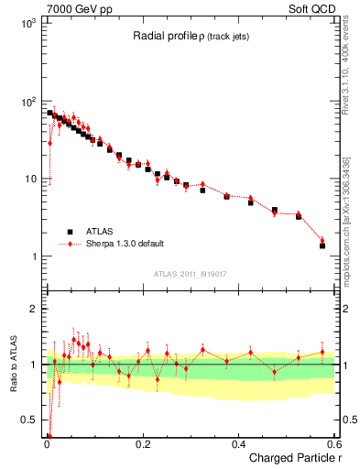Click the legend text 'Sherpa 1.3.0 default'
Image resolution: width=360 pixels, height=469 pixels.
(124, 244)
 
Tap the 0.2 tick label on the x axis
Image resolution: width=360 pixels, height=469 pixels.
(142, 444)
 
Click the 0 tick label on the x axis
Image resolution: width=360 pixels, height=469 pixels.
(46, 444)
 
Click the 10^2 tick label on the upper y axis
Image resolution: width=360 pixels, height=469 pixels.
(27, 102)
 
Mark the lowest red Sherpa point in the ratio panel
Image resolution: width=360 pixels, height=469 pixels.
(49, 436)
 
